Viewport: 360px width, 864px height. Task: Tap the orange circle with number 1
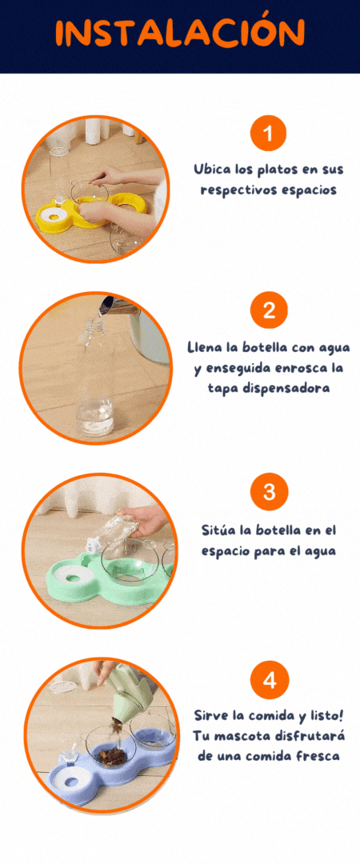point(269,133)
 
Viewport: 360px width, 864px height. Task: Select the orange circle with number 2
point(269,310)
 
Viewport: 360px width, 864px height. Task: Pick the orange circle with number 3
point(269,491)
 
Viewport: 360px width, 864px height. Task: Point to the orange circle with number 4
point(269,681)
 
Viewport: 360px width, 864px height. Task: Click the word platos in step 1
point(258,169)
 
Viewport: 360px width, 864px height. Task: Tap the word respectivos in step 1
point(249,190)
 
